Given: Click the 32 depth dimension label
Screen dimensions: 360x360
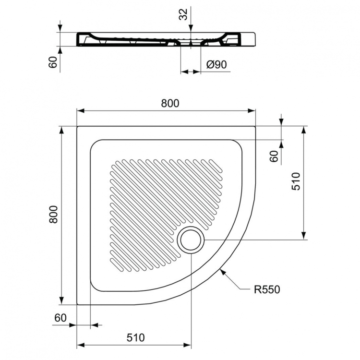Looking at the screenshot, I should coord(183,14).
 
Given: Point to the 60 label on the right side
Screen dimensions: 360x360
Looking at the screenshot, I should coord(274,156).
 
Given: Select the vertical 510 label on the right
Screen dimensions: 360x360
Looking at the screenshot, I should coord(296,181).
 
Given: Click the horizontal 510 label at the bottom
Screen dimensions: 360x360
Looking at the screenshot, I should coord(135,337).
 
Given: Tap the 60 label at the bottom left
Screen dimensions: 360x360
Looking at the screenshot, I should coord(60,318).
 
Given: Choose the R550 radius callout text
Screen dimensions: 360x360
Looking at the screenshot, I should coord(266,289).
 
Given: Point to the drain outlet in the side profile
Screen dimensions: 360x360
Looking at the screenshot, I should coord(191,44).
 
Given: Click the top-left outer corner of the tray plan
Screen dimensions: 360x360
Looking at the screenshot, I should coord(77,127).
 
